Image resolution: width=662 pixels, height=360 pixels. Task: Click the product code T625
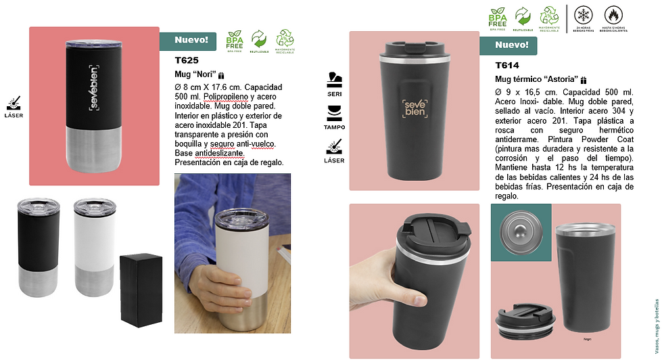[x=186, y=60]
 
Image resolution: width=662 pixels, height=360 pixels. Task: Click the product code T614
[x=507, y=66]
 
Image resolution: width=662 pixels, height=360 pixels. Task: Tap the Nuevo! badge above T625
[x=191, y=41]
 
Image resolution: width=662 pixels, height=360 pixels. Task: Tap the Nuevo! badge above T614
[x=511, y=45]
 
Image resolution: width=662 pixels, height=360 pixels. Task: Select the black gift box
[x=141, y=290]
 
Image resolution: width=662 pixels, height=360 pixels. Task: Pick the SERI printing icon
[x=334, y=84]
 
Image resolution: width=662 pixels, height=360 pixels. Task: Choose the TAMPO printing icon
[x=334, y=116]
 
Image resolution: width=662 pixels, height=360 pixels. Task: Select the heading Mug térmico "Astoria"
[x=537, y=79]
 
